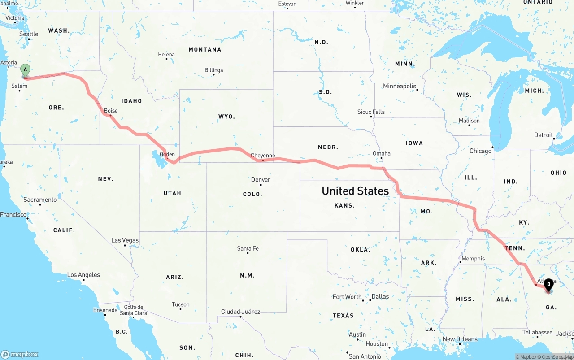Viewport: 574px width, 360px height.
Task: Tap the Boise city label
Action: pyautogui.click(x=111, y=111)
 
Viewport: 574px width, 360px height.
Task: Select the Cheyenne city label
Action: pyautogui.click(x=263, y=156)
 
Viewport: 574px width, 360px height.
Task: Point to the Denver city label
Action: pyautogui.click(x=261, y=180)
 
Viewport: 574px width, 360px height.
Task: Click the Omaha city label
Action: pyautogui.click(x=382, y=153)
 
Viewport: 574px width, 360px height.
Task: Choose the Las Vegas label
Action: pyautogui.click(x=125, y=240)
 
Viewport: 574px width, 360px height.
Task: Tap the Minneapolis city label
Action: pyautogui.click(x=400, y=86)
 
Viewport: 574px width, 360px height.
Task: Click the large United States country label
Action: pyautogui.click(x=355, y=191)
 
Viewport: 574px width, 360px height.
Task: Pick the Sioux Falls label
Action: pyautogui.click(x=371, y=112)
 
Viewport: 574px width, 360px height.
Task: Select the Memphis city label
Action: pyautogui.click(x=473, y=259)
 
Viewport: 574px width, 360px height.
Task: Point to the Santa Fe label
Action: pyautogui.click(x=248, y=248)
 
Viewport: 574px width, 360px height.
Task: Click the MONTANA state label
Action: pyautogui.click(x=205, y=49)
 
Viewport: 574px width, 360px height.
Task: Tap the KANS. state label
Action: pyautogui.click(x=345, y=205)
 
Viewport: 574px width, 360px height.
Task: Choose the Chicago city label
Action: pyautogui.click(x=480, y=151)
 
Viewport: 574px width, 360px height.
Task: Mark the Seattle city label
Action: pyautogui.click(x=29, y=34)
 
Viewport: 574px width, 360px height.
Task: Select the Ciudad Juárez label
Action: pyautogui.click(x=240, y=312)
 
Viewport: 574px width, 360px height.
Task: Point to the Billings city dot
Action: pyautogui.click(x=213, y=74)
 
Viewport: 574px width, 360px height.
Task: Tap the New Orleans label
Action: pyautogui.click(x=460, y=339)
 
